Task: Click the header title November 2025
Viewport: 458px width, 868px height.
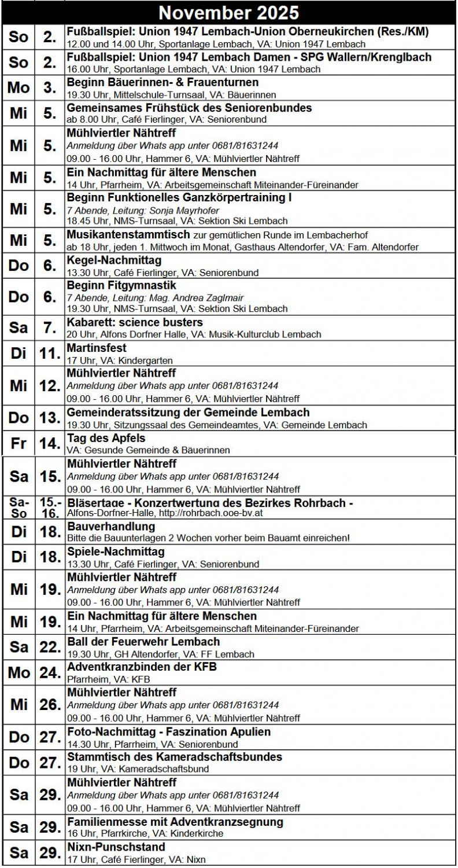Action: tap(228, 13)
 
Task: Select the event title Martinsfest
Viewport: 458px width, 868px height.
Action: tap(97, 348)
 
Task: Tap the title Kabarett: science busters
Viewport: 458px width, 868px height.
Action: tap(135, 322)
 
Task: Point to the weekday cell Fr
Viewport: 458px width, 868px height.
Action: tap(19, 444)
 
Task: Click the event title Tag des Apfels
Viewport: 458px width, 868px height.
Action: tap(106, 438)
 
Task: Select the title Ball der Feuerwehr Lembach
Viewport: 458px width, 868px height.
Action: tap(143, 642)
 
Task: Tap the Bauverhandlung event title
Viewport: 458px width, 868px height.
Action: tap(111, 527)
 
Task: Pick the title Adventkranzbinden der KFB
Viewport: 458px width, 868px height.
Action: tap(142, 667)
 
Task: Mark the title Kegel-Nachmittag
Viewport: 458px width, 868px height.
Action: tap(114, 260)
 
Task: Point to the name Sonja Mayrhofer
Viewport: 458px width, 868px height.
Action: tap(184, 211)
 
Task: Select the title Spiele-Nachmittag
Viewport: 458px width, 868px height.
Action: tap(116, 552)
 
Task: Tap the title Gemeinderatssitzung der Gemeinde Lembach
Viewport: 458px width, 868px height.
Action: tap(188, 413)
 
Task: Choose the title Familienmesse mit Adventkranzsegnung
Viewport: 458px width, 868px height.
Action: tap(175, 822)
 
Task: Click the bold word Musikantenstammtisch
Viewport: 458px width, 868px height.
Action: tap(128, 235)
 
